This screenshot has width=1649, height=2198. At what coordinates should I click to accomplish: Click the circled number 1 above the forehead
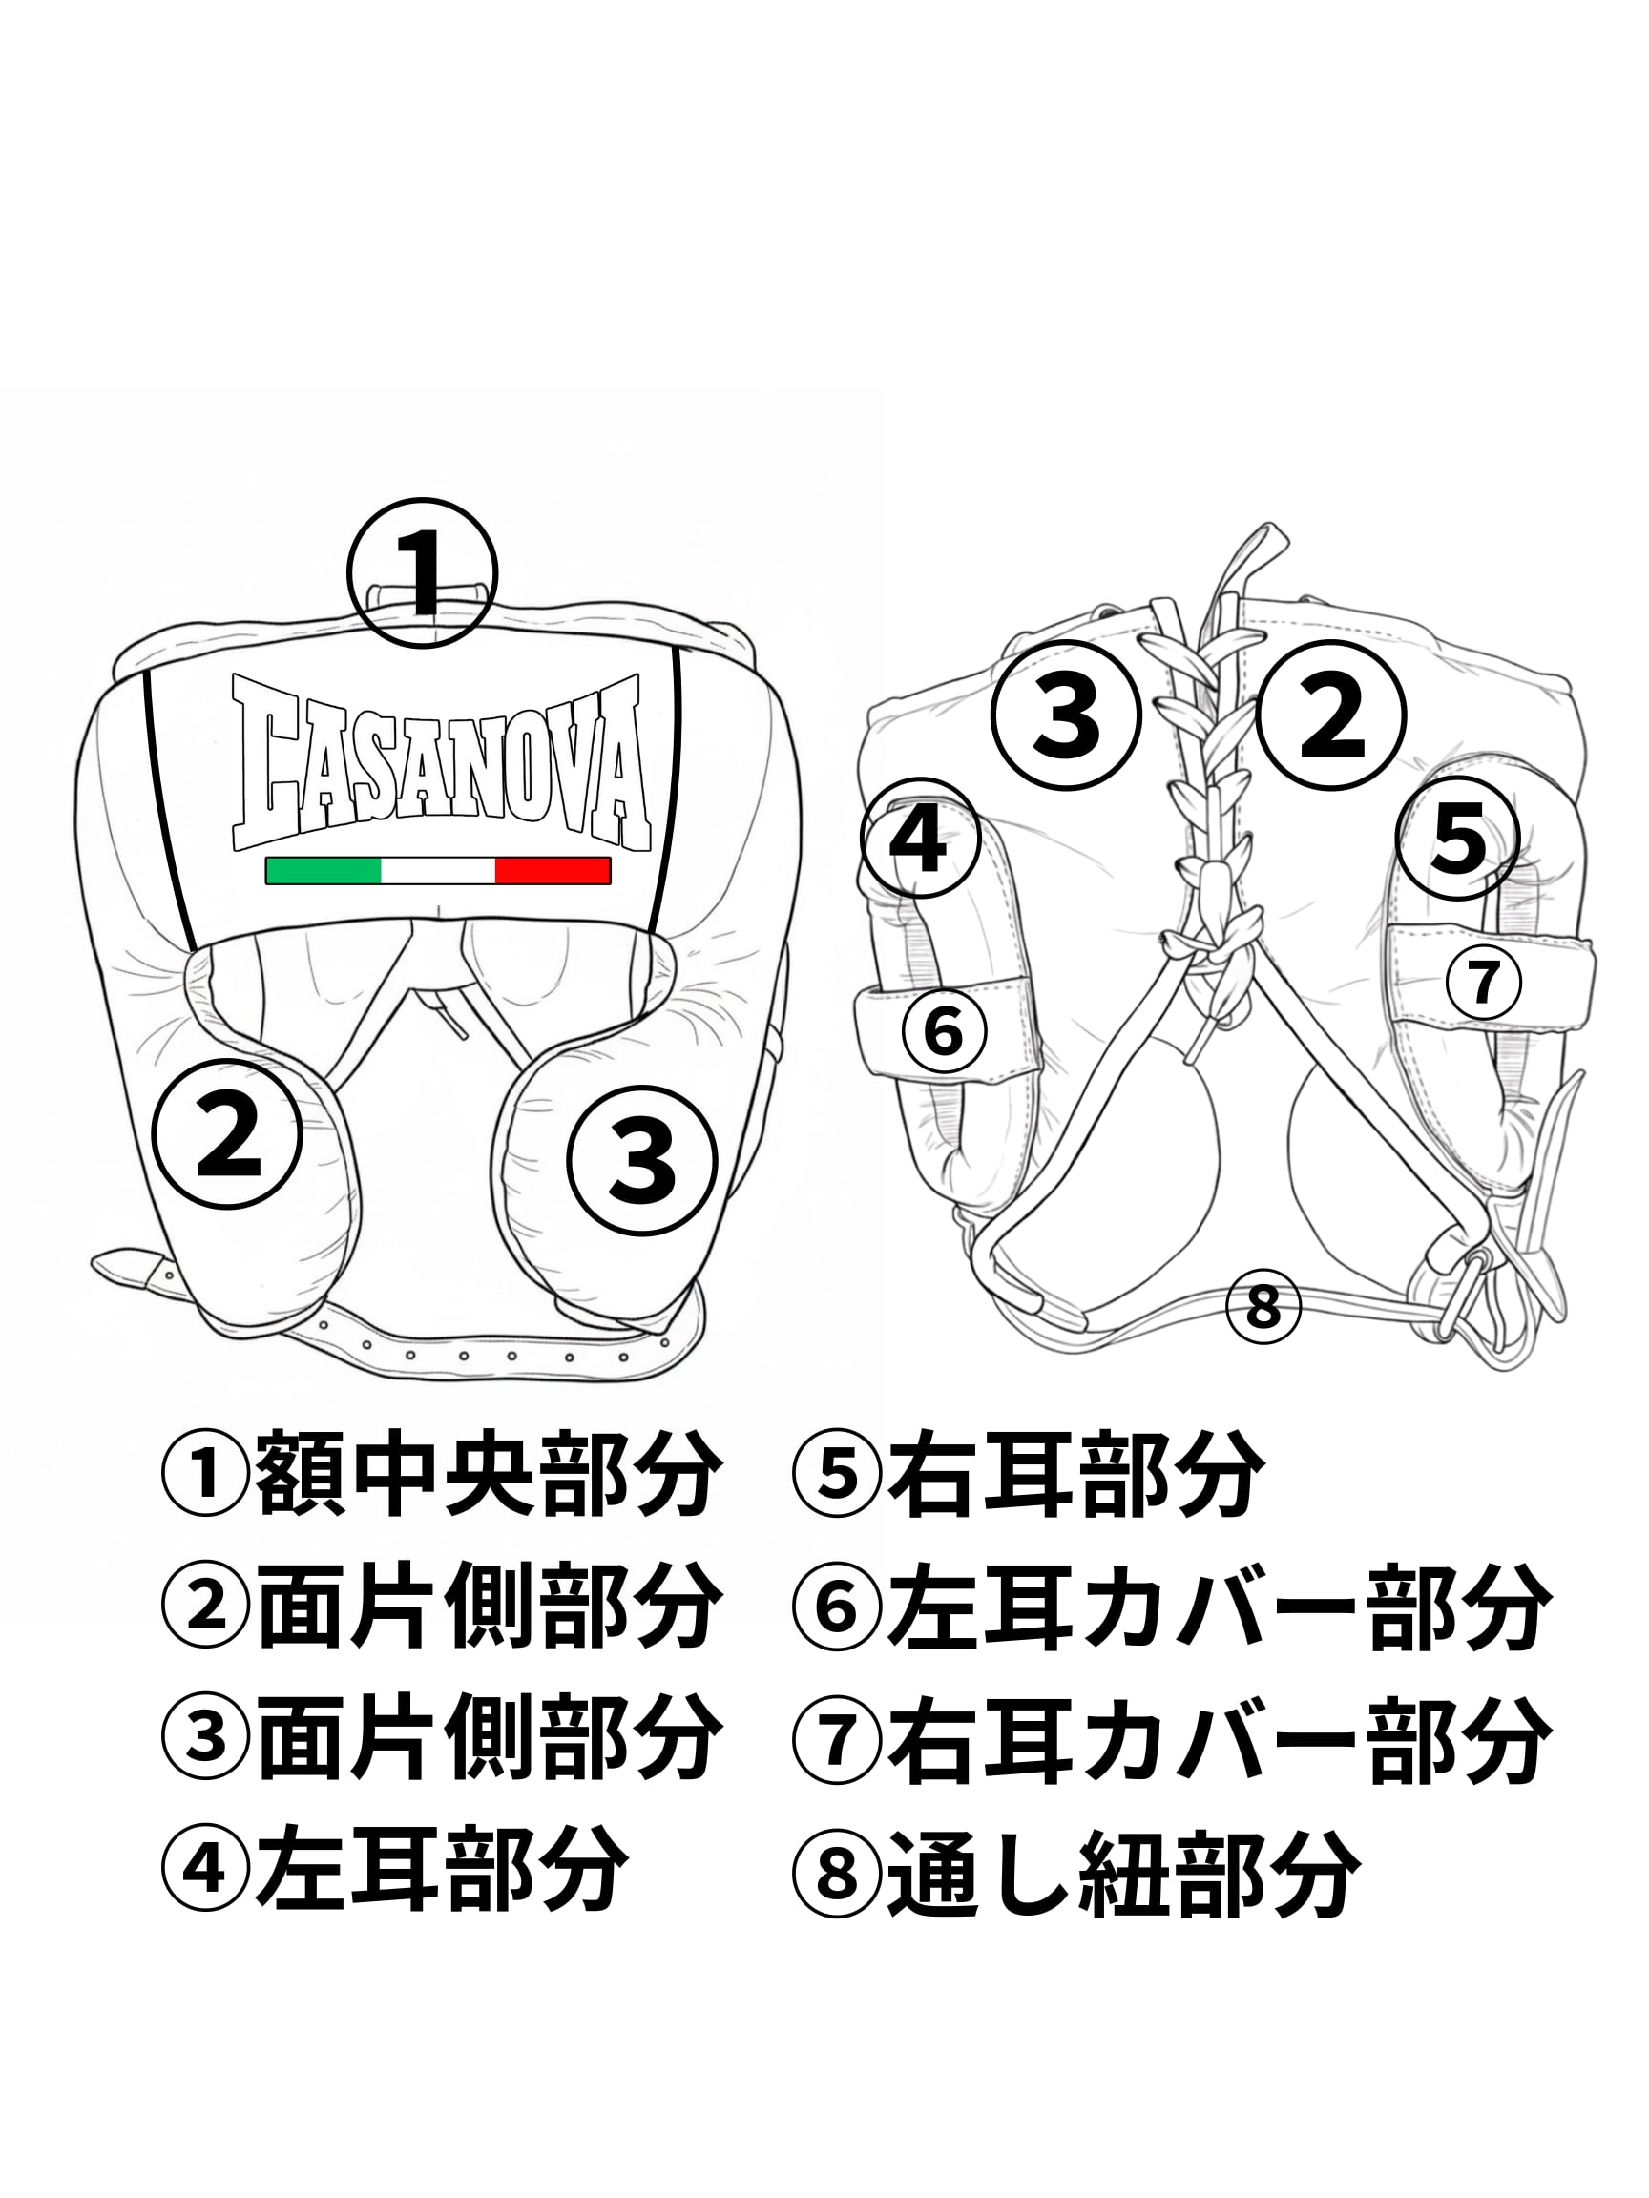click(422, 573)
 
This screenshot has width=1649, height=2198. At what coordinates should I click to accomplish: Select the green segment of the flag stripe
click(324, 870)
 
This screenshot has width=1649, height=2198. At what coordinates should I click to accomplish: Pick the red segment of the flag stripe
click(552, 870)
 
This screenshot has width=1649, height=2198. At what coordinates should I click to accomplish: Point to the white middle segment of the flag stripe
click(437, 870)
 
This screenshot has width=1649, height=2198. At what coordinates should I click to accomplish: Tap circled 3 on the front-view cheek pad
click(642, 1161)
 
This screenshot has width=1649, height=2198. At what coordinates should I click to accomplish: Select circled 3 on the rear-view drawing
click(1067, 715)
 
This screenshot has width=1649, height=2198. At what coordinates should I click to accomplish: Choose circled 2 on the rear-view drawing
click(1331, 715)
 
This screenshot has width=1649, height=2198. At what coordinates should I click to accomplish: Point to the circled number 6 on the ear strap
click(943, 1030)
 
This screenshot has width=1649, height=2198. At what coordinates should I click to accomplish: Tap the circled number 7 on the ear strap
click(1483, 982)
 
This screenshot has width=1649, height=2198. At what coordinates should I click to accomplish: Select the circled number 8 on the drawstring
click(1263, 1306)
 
